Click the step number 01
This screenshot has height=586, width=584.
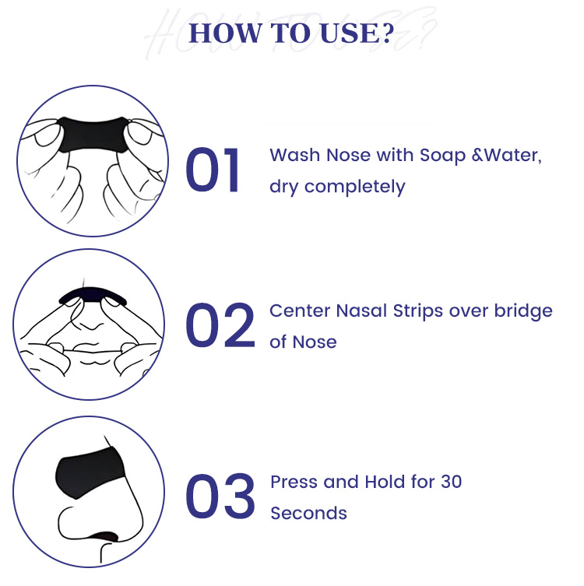point(213,170)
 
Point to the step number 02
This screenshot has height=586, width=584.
point(220,325)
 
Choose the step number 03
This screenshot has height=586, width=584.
point(220,496)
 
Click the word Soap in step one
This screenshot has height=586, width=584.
point(443,156)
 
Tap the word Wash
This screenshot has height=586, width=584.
point(294,155)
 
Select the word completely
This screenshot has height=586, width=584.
point(355,187)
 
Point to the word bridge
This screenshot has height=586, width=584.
point(523,311)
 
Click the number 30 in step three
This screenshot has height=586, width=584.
point(452,482)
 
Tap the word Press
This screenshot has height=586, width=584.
point(294,482)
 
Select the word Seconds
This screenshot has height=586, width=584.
point(309,513)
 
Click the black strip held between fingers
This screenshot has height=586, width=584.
point(93,134)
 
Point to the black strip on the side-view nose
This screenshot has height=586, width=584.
point(89,472)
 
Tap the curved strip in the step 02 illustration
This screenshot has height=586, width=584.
point(93,294)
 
